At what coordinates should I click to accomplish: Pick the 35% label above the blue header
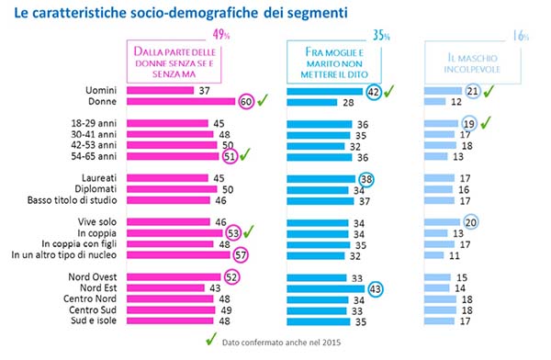point(381,35)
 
